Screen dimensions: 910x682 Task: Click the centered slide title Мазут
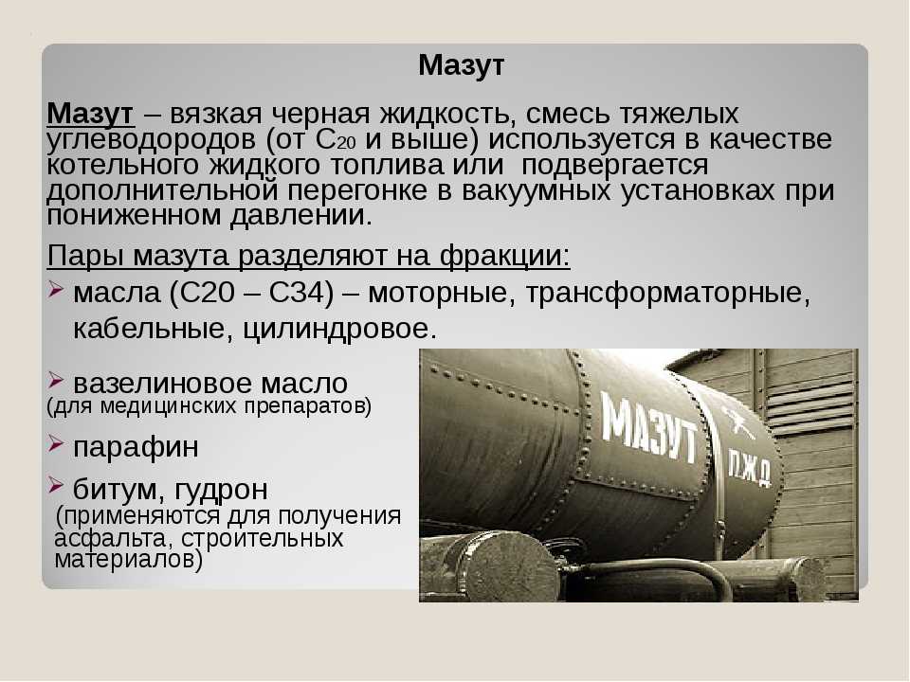click(x=461, y=65)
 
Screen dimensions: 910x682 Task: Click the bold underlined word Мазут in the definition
click(x=91, y=114)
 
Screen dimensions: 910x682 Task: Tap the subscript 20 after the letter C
click(x=347, y=144)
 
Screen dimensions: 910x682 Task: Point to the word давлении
click(x=300, y=216)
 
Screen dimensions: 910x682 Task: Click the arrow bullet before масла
click(x=55, y=289)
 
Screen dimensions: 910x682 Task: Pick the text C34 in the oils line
click(x=301, y=293)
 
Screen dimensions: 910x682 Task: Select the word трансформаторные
click(x=667, y=293)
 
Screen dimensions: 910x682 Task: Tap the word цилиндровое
click(x=339, y=329)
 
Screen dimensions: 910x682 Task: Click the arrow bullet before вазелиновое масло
click(x=55, y=381)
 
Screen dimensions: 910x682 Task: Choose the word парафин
click(x=136, y=447)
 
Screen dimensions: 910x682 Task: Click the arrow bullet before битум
click(x=55, y=484)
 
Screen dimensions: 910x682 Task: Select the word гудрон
click(x=221, y=490)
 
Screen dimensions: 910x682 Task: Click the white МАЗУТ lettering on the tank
click(x=648, y=427)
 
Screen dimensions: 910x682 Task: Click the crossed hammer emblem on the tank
click(x=737, y=422)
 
